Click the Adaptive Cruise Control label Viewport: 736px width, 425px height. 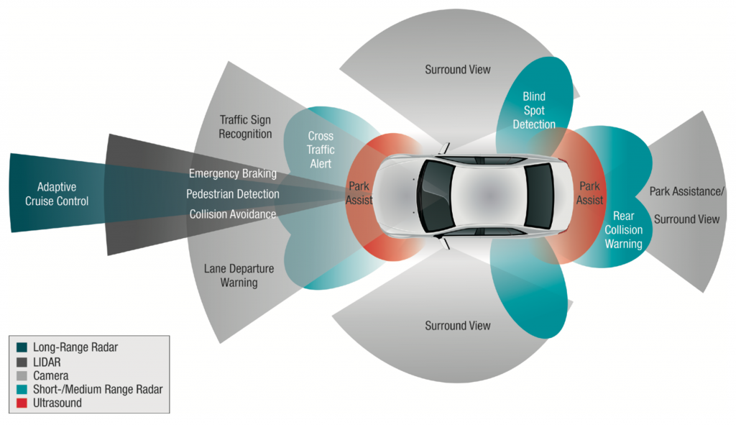pos(57,194)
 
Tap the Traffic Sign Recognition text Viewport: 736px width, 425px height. pos(246,127)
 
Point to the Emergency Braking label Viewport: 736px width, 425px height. pos(232,173)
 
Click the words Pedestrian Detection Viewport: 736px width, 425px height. pos(232,194)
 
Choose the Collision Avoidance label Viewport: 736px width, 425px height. pos(232,214)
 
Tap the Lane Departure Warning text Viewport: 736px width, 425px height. pos(238,276)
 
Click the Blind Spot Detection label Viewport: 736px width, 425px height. pos(533,111)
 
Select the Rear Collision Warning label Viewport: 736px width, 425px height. pos(622,230)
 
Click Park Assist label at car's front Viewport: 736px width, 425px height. pos(359,192)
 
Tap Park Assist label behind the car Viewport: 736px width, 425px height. pos(589,192)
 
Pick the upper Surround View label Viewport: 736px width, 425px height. pos(458,70)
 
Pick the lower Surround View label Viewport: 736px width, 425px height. pos(458,326)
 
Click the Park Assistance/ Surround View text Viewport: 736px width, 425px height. pos(687,205)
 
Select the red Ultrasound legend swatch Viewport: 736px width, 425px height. pos(21,403)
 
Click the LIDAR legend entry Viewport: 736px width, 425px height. pos(47,361)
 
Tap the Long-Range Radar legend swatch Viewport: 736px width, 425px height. pos(21,347)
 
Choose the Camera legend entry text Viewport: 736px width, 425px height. pos(50,375)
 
